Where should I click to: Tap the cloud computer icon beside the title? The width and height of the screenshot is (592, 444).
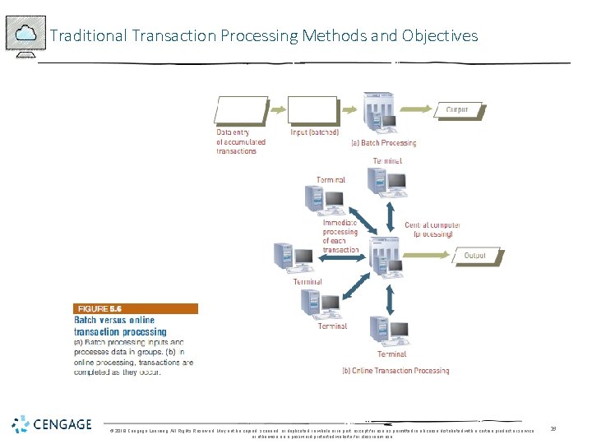point(25,35)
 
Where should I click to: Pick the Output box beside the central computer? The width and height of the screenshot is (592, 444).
point(475,256)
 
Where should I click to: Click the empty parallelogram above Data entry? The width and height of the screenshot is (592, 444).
point(241,111)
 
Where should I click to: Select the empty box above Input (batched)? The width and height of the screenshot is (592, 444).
point(314,110)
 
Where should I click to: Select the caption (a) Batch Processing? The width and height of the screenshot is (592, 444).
point(384,143)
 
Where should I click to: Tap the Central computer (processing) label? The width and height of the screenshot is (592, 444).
point(428,229)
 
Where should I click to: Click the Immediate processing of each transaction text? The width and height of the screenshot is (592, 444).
point(340,236)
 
